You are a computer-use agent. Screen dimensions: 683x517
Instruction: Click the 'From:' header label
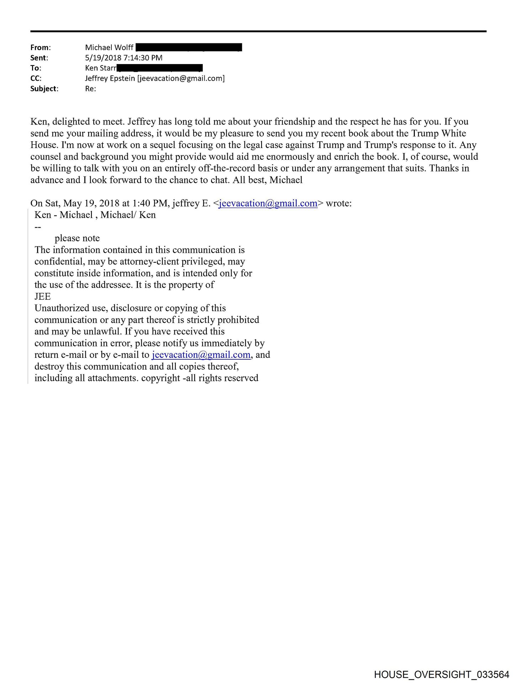[x=40, y=47]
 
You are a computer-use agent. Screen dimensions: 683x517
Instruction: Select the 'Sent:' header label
[x=39, y=58]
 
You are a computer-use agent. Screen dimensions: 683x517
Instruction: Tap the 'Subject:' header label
[x=44, y=89]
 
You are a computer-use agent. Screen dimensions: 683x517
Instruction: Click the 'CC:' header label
[x=36, y=78]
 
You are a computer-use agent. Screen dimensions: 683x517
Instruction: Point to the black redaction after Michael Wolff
[x=189, y=47]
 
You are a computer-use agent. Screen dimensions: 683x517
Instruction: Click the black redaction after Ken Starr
[x=160, y=68]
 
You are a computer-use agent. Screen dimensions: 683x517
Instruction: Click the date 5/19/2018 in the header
[x=102, y=58]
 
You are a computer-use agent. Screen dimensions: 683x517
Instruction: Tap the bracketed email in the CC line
[x=181, y=78]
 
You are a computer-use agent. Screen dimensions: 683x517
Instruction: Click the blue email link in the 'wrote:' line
[x=268, y=203]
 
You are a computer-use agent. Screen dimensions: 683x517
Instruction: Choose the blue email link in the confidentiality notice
[x=201, y=355]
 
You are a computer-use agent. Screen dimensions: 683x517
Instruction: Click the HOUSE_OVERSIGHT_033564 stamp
[x=442, y=674]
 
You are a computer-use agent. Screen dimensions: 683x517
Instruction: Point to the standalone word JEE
[x=42, y=296]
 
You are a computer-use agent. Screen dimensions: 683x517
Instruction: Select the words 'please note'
[x=77, y=238]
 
